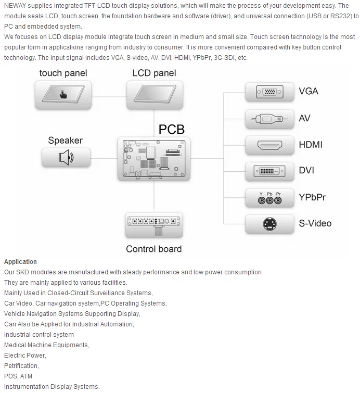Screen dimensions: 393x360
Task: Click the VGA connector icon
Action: pyautogui.click(x=270, y=92)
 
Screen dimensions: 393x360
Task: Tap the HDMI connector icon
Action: pyautogui.click(x=270, y=144)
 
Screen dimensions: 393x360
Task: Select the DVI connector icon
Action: pyautogui.click(x=270, y=171)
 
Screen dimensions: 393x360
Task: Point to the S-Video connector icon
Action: pyautogui.click(x=270, y=224)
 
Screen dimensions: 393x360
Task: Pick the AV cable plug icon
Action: pyautogui.click(x=270, y=118)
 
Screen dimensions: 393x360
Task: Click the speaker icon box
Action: pyautogui.click(x=66, y=157)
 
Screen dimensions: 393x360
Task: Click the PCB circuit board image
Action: pyautogui.click(x=154, y=159)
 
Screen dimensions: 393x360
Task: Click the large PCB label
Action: pyautogui.click(x=171, y=129)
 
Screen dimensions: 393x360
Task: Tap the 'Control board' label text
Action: pyautogui.click(x=154, y=249)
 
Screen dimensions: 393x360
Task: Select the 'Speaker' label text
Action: pyautogui.click(x=65, y=140)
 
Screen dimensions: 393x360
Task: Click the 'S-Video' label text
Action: pyautogui.click(x=315, y=224)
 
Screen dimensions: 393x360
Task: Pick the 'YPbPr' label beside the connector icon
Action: pyautogui.click(x=312, y=197)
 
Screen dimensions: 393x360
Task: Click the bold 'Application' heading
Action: pyautogui.click(x=20, y=262)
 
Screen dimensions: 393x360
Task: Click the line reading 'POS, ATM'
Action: pyautogui.click(x=18, y=376)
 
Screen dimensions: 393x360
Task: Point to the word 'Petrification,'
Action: pyautogui.click(x=21, y=366)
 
